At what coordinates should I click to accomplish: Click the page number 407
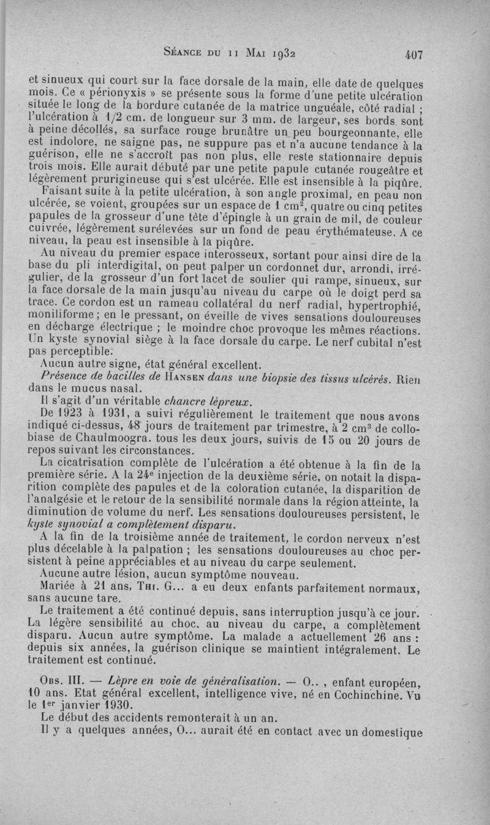click(x=413, y=54)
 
